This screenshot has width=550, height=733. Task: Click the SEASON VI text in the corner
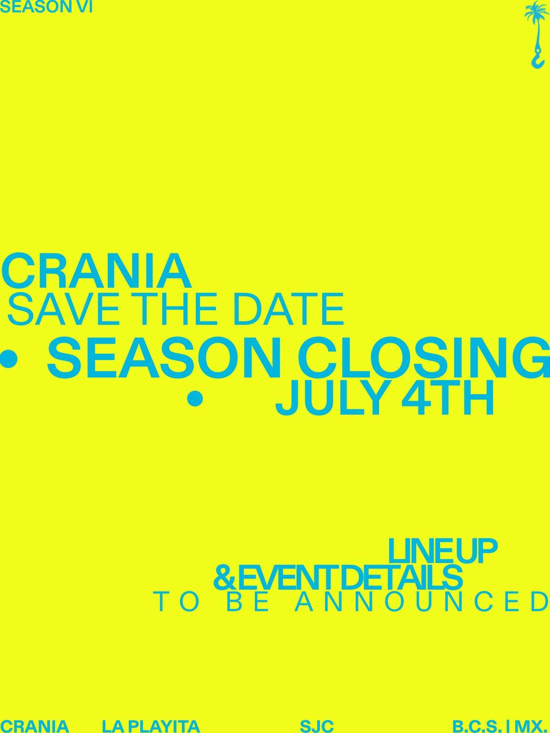coord(46,7)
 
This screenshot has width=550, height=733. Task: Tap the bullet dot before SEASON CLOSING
coord(8,359)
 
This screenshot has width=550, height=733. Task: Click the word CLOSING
coord(423,358)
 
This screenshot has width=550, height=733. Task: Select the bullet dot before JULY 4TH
coord(195,399)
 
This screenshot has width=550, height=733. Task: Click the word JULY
coord(335,399)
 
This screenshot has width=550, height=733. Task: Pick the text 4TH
coord(447,399)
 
